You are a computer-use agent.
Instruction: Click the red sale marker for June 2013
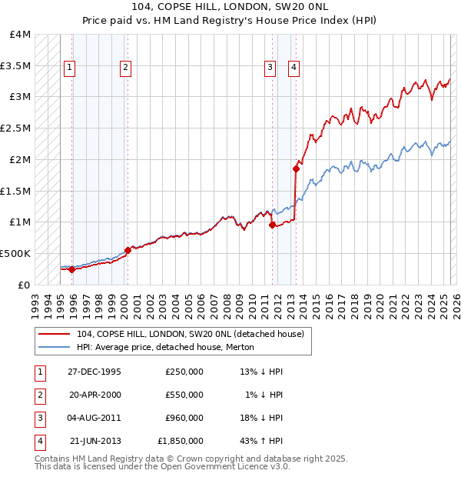296,168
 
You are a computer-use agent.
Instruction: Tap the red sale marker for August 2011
272,225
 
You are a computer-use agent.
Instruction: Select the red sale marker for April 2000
128,250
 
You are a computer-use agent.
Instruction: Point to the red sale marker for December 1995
71,269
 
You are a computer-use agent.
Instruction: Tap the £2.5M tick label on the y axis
15,128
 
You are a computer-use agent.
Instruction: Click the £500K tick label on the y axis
15,253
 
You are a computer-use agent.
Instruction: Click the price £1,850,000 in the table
181,441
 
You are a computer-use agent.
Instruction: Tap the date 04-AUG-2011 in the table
95,418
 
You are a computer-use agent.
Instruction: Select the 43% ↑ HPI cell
261,441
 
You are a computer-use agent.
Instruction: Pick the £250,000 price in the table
184,372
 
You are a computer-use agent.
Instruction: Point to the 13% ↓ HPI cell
261,372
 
